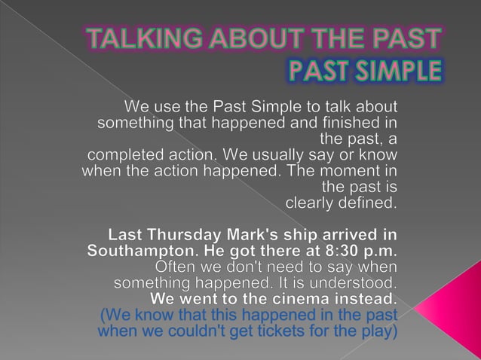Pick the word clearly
pos(311,203)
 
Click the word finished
pos(349,122)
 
